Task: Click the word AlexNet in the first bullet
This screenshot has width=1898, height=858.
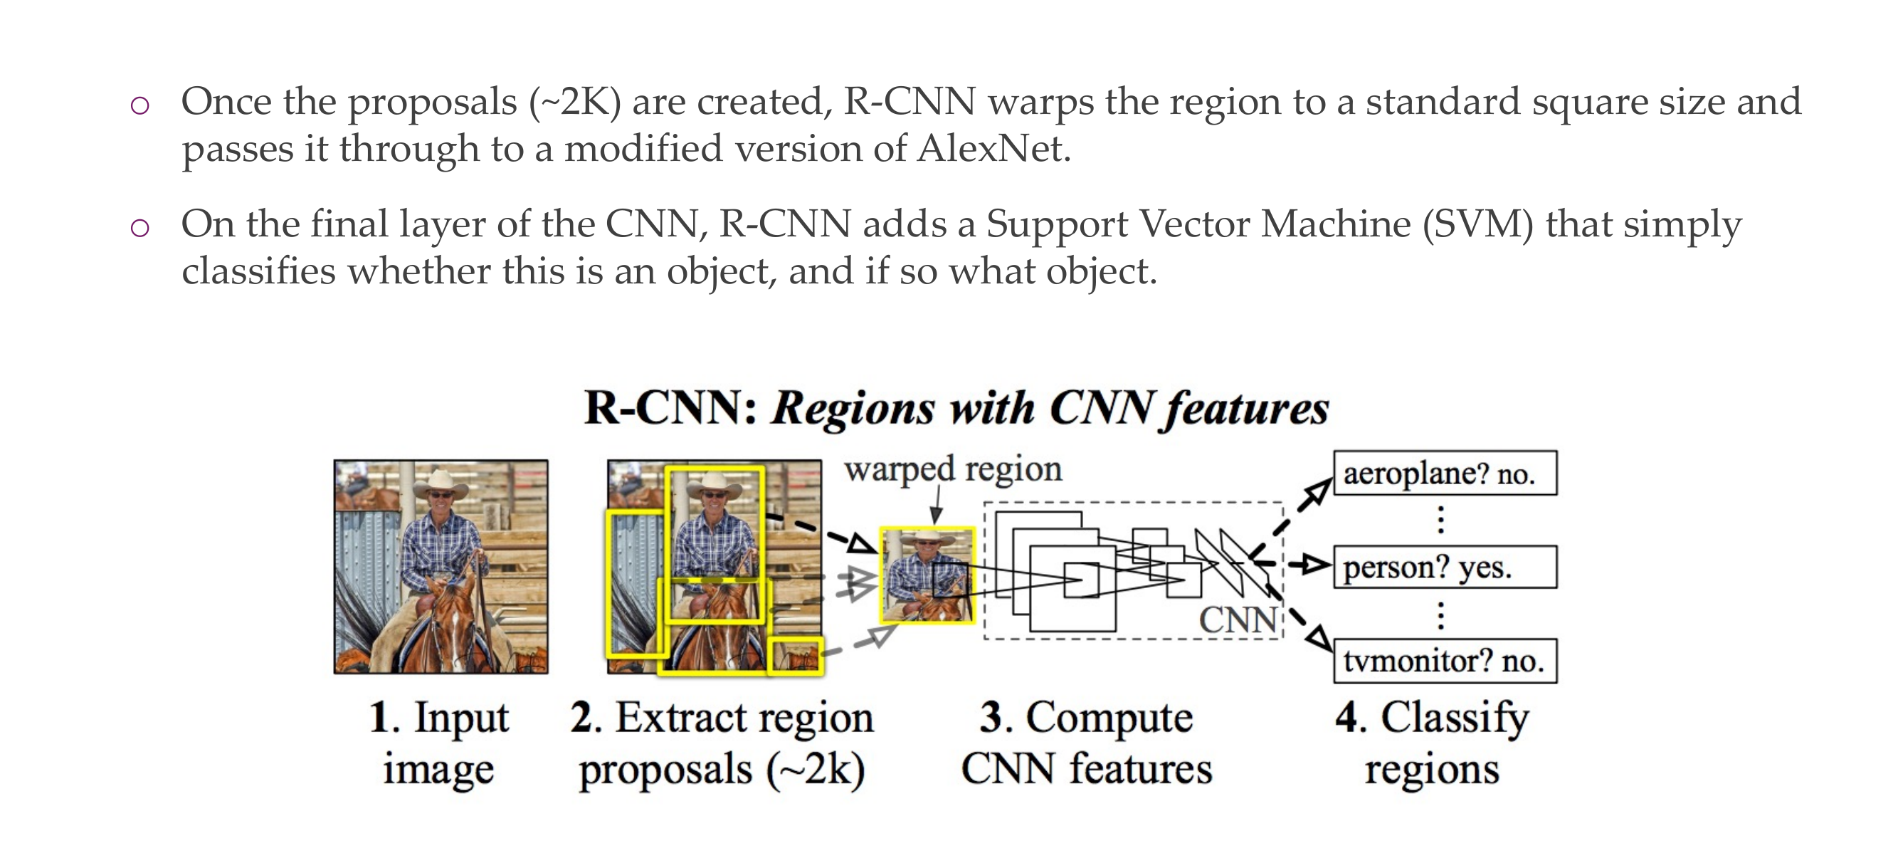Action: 993,149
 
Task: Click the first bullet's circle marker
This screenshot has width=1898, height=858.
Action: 140,105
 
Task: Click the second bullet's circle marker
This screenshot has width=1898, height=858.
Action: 140,228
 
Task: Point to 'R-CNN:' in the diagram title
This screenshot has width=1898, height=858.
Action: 670,407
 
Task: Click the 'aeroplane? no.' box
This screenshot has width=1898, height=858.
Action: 1444,474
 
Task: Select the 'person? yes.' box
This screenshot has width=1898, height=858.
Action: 1444,567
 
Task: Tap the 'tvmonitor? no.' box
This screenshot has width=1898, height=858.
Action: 1444,661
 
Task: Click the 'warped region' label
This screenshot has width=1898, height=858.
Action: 953,469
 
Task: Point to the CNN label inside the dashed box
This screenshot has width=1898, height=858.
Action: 1238,619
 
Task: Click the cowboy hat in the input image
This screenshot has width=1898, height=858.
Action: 441,483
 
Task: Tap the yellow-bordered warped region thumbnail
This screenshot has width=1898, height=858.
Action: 927,575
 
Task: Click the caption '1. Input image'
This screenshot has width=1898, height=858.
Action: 439,743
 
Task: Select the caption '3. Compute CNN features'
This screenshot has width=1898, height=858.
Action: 1086,743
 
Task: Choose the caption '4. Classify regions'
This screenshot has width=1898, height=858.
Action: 1432,743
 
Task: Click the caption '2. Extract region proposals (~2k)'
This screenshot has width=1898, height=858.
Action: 722,743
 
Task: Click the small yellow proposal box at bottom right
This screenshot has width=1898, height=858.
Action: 794,655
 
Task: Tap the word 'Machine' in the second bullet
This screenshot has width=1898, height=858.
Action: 1335,224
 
